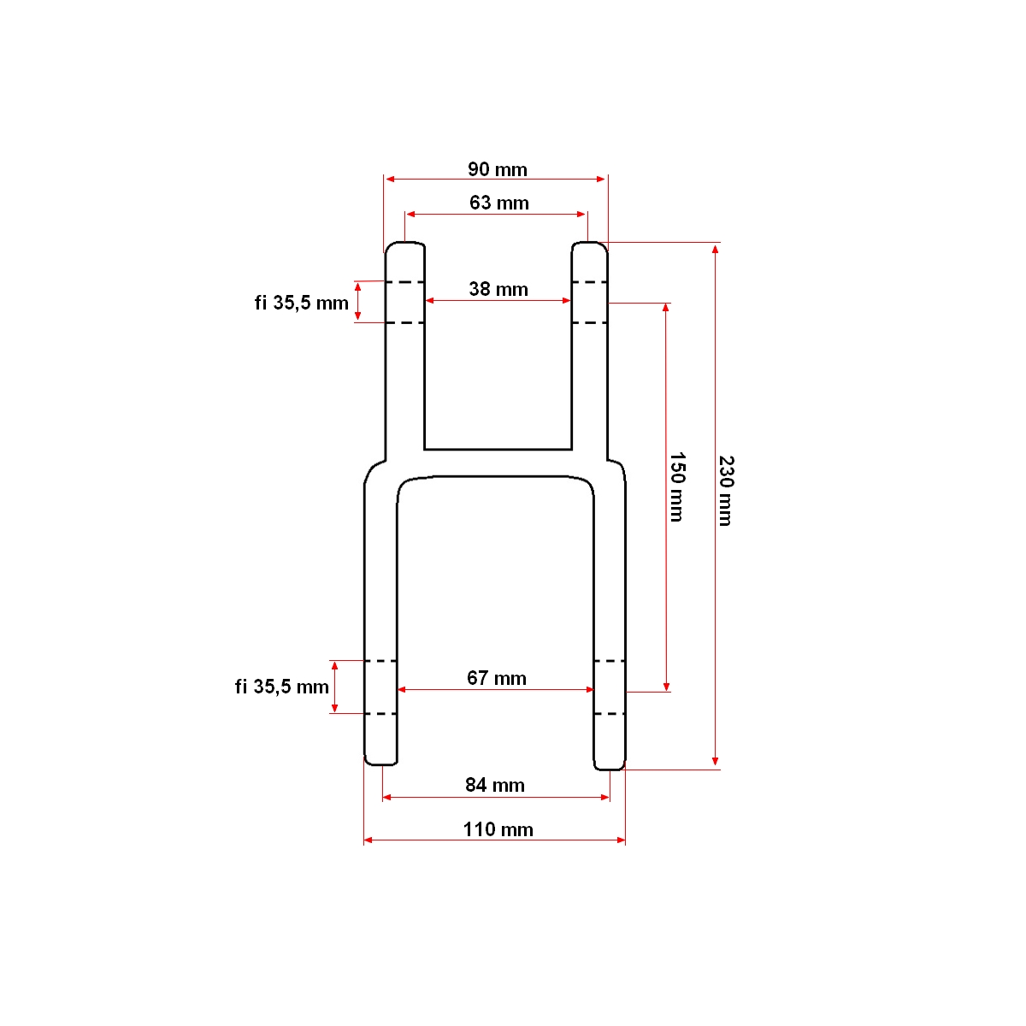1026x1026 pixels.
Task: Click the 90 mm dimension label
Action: click(498, 169)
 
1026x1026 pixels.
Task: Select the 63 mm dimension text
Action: click(498, 203)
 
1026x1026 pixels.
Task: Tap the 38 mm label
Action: click(498, 289)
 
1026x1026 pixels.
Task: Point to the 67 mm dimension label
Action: click(496, 678)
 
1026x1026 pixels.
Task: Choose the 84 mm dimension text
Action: click(495, 786)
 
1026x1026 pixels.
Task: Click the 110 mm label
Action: click(498, 829)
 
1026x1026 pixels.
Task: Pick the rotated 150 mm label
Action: click(676, 487)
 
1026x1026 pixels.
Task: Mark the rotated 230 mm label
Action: click(726, 491)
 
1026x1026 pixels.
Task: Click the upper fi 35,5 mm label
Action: click(301, 303)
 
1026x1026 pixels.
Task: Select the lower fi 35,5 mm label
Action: click(281, 687)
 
